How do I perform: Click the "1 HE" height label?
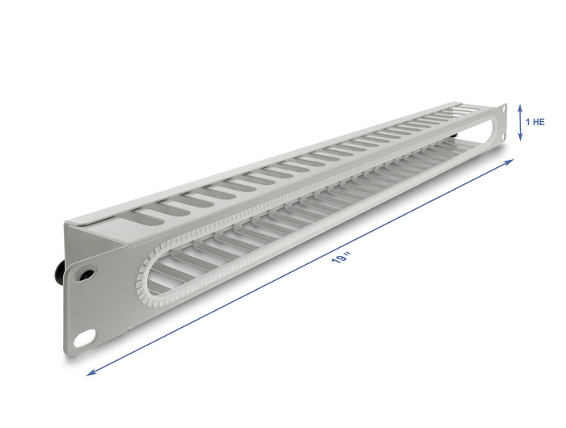535,122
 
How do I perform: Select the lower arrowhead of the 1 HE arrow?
520,139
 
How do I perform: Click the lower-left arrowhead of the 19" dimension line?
90,372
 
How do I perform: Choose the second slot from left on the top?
172,206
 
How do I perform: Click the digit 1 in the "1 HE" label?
528,122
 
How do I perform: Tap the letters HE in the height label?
539,122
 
